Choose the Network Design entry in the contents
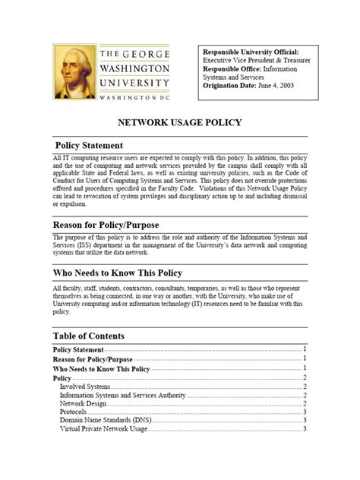84,403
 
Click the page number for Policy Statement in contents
304,349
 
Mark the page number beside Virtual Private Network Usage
304,428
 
